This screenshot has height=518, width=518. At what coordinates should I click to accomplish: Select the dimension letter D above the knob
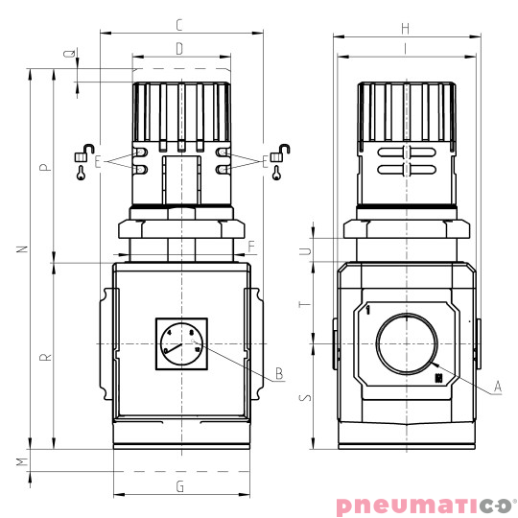tap(179, 48)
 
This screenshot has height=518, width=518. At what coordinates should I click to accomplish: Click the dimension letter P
tap(44, 167)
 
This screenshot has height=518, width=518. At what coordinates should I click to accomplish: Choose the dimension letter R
tap(44, 357)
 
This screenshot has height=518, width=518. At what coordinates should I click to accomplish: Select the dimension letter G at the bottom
tap(180, 486)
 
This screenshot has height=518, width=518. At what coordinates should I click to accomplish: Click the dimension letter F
tap(251, 247)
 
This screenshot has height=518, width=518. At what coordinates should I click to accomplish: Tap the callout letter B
tap(278, 373)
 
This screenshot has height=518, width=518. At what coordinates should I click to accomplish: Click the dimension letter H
tap(407, 28)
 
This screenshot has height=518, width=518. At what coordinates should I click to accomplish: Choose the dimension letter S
tap(305, 396)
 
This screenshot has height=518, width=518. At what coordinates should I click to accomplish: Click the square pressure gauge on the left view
tap(181, 344)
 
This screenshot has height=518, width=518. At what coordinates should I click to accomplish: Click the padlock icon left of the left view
tap(81, 154)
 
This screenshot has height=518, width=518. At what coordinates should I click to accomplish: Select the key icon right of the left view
tap(277, 174)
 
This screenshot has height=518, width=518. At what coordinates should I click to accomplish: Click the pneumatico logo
tap(424, 505)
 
